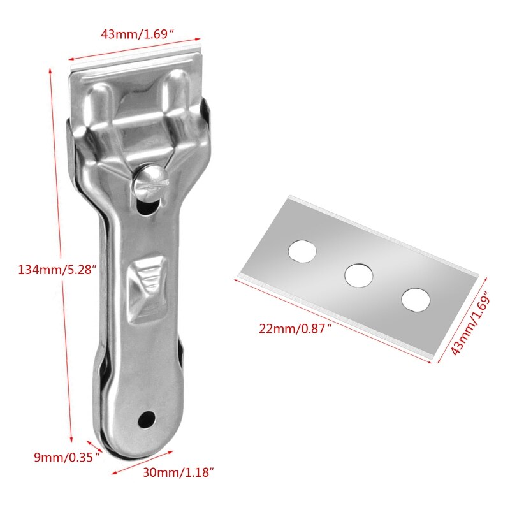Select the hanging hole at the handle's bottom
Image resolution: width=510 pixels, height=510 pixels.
coord(147,418)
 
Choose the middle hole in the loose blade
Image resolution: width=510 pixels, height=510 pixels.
coord(359,274)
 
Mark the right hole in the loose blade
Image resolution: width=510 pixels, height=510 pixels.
coord(415,298)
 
